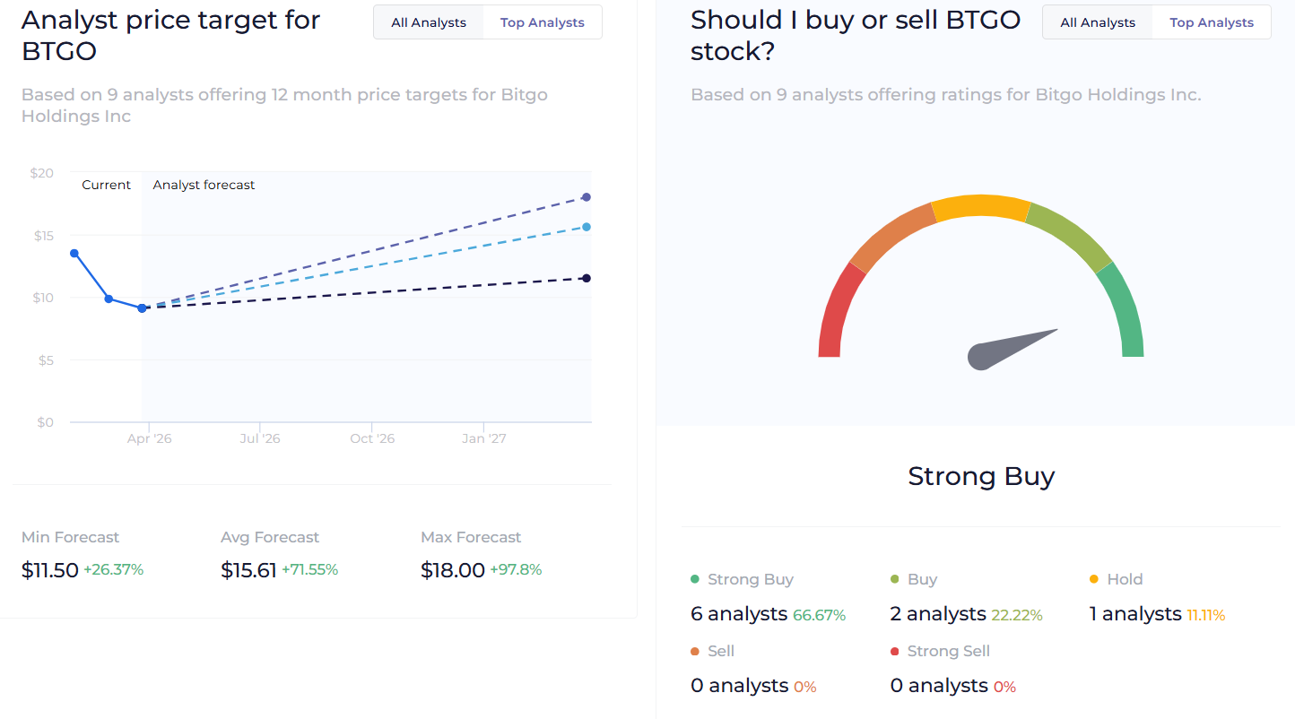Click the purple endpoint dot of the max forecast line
pos(587,197)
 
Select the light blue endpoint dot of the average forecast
pos(587,227)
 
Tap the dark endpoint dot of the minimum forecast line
pos(587,278)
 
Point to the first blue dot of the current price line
pos(74,253)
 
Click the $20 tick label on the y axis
pos(42,172)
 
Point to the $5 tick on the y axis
pos(44,360)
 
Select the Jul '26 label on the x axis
pos(260,438)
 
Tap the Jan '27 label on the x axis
pos(484,438)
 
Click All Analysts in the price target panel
pos(429,22)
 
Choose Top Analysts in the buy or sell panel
pos(1212,22)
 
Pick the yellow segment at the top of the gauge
pos(981,207)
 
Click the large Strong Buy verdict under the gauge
pos(981,476)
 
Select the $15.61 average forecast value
pos(248,570)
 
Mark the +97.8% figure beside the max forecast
pos(516,570)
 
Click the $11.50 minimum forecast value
pos(50,570)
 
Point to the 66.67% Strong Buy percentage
pos(819,615)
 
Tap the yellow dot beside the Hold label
pos(1094,580)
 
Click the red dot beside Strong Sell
pos(895,652)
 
